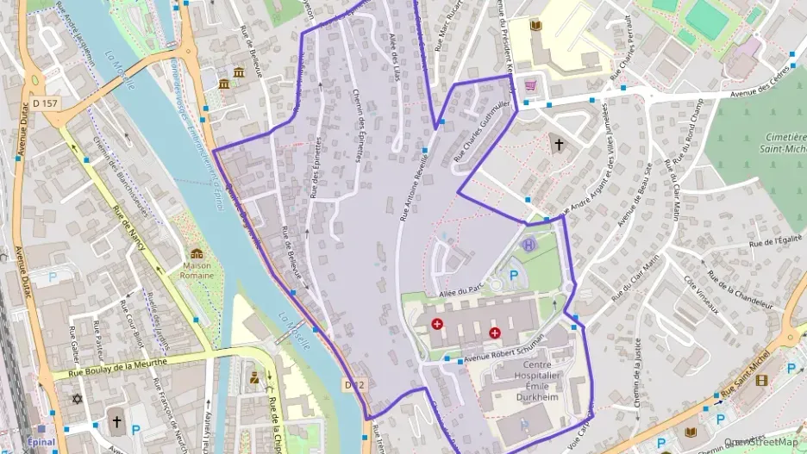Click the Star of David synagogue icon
(77, 400)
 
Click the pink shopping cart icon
(531, 85)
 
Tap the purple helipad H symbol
(529, 246)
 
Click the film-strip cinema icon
(761, 380)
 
